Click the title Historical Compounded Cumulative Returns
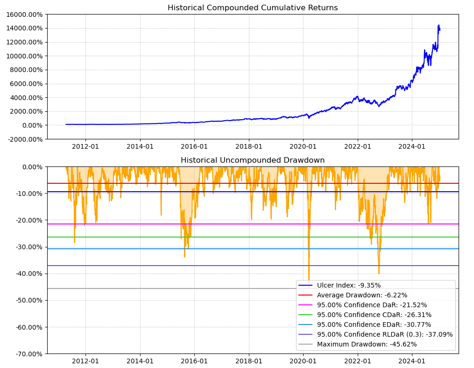[x=253, y=8]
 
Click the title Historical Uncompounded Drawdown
[x=253, y=160]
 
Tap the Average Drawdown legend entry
[x=362, y=295]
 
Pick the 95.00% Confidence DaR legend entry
[x=372, y=305]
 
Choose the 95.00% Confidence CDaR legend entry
[x=374, y=315]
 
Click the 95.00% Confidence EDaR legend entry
[x=374, y=325]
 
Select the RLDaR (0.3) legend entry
[x=385, y=334]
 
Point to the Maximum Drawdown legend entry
[x=367, y=344]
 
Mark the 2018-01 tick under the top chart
[x=249, y=146]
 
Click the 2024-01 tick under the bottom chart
[x=412, y=361]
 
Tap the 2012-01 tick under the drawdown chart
[x=85, y=361]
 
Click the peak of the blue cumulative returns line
[x=439, y=25]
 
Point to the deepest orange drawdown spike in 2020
[x=309, y=280]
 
